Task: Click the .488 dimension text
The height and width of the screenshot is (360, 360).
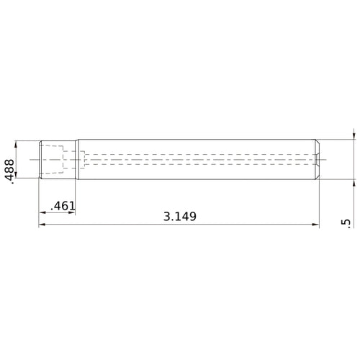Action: click(x=9, y=171)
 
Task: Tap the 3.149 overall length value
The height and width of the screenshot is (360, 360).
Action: click(x=180, y=216)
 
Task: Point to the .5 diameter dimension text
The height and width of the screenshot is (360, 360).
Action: click(x=348, y=225)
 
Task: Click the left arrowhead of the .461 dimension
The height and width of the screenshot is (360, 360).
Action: click(x=42, y=212)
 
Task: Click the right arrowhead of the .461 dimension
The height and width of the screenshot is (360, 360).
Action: click(x=72, y=212)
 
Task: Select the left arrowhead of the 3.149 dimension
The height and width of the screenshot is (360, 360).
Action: click(x=42, y=225)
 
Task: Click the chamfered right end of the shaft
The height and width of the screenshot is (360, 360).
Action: click(x=317, y=159)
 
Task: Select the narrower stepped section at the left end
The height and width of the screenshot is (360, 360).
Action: click(x=56, y=159)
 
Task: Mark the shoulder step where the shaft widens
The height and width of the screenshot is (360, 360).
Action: click(x=76, y=159)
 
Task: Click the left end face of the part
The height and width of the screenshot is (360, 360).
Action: click(x=39, y=159)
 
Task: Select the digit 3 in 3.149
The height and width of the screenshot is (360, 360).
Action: click(x=167, y=216)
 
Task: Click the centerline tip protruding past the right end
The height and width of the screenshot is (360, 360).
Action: click(x=325, y=159)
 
